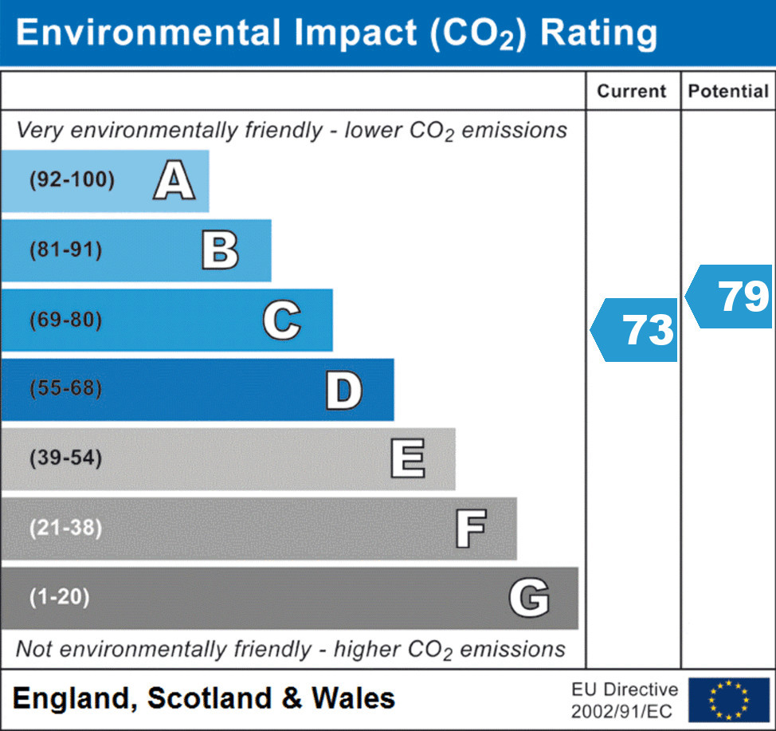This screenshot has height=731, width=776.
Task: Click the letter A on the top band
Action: coord(174,180)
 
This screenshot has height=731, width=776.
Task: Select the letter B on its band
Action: coord(220,250)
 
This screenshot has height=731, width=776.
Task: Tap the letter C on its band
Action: coord(281,320)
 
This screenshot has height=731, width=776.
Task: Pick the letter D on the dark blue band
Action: coord(343,390)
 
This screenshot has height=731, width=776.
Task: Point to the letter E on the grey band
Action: coord(407,459)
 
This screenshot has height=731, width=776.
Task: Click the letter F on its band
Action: coord(470,529)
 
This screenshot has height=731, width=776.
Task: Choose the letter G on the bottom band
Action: coord(529,598)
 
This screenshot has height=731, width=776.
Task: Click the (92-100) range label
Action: coord(72,180)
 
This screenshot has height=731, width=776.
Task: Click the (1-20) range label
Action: coord(59,598)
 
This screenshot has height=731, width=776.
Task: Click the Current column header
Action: coord(632,91)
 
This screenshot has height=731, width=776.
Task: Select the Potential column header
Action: coord(728,91)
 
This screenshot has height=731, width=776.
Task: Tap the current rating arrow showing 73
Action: coord(636,330)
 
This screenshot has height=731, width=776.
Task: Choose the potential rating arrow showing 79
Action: coord(731,297)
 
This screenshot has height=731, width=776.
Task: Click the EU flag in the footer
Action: coord(728,699)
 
